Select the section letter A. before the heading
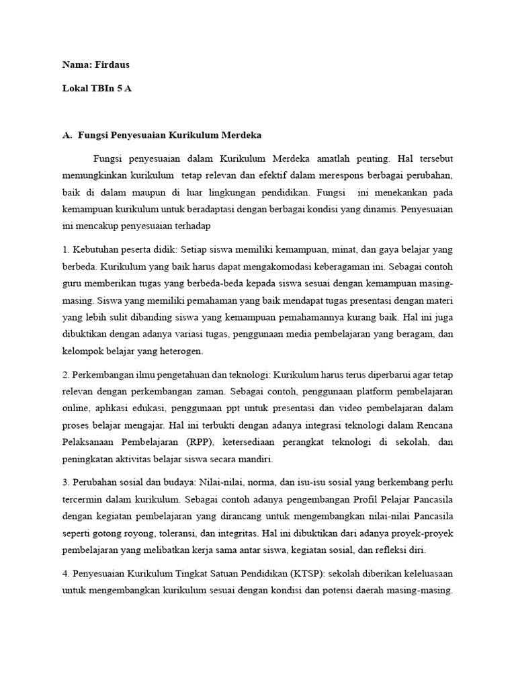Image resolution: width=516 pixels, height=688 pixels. (67, 135)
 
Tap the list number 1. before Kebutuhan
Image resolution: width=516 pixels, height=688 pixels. (65, 250)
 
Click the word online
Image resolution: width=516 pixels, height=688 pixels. (75, 408)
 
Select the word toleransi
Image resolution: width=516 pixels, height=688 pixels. (181, 533)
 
